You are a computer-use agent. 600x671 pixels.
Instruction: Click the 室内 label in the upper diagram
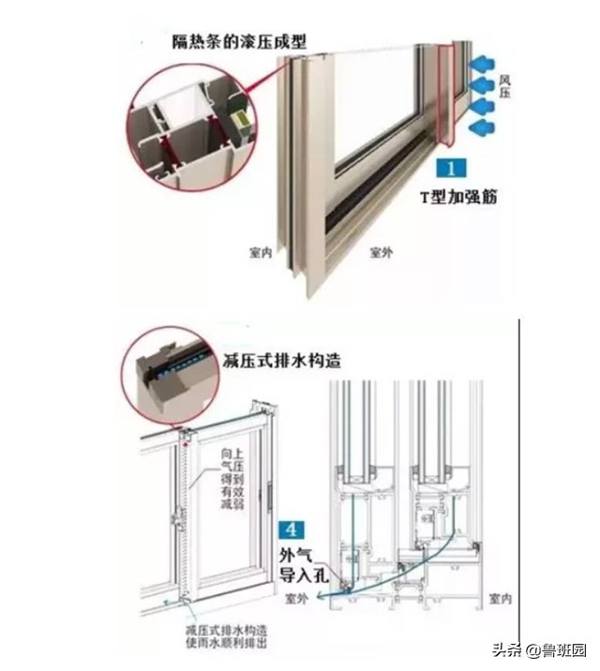pos(261,253)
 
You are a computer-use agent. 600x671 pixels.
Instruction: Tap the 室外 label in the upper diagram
pos(381,253)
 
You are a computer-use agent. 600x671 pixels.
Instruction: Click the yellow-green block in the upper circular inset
pos(242,120)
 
